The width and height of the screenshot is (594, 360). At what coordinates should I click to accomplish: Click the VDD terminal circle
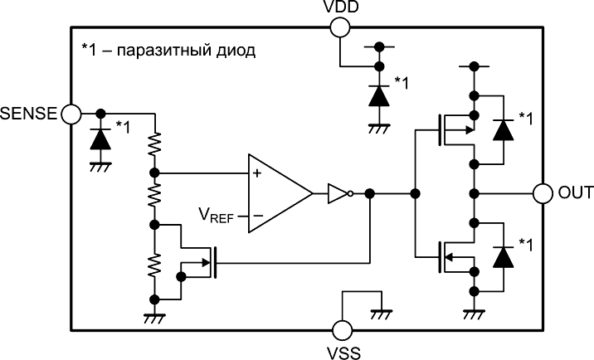click(339, 27)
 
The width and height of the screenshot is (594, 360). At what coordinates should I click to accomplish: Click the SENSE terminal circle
click(70, 113)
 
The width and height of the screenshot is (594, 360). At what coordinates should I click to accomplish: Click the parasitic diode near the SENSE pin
click(100, 138)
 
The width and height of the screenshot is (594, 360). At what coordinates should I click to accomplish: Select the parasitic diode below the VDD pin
click(379, 95)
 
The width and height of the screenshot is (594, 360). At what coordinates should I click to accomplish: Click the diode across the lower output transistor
click(500, 257)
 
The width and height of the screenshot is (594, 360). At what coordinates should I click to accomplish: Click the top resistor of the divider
click(153, 146)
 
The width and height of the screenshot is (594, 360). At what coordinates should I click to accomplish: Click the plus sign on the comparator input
click(257, 174)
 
